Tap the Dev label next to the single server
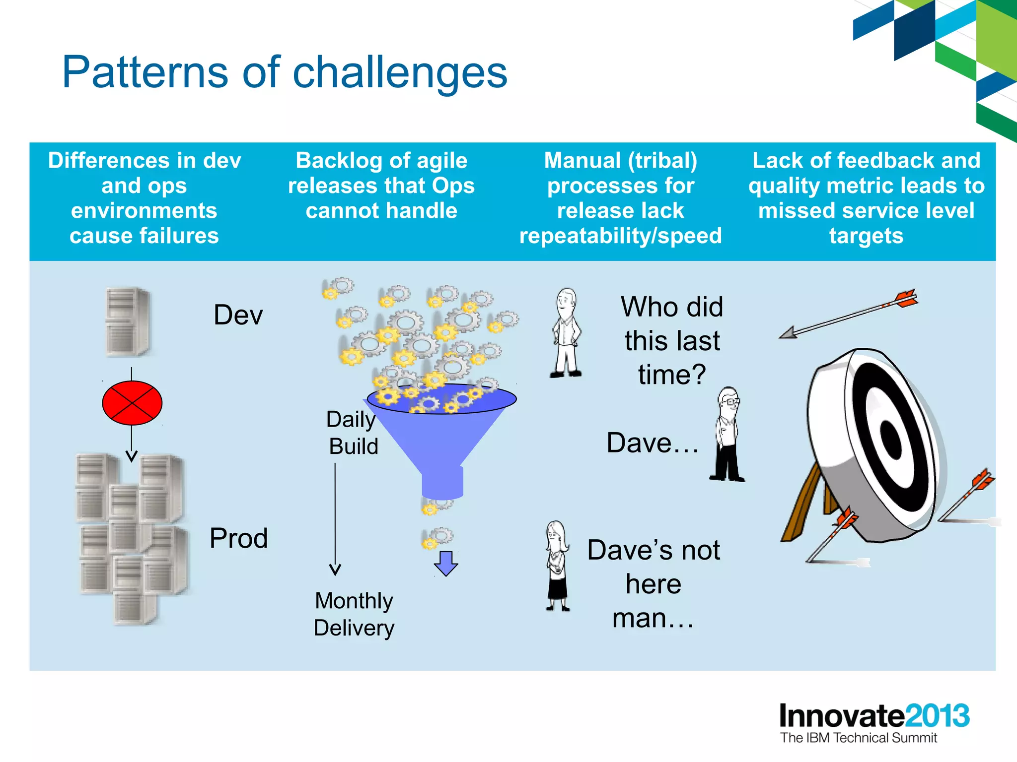point(238,315)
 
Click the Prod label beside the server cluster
point(238,538)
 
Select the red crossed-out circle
point(132,403)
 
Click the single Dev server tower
point(128,321)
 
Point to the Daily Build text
point(353,433)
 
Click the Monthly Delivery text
point(354,614)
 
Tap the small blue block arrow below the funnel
point(446,563)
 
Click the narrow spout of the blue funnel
point(442,482)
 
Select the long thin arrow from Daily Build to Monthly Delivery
point(335,516)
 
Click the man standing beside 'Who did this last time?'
point(566,333)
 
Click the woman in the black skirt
point(557,566)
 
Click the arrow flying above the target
point(849,314)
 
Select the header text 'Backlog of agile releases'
point(381,173)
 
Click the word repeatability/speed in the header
point(620,236)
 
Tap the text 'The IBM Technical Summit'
point(858,738)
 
